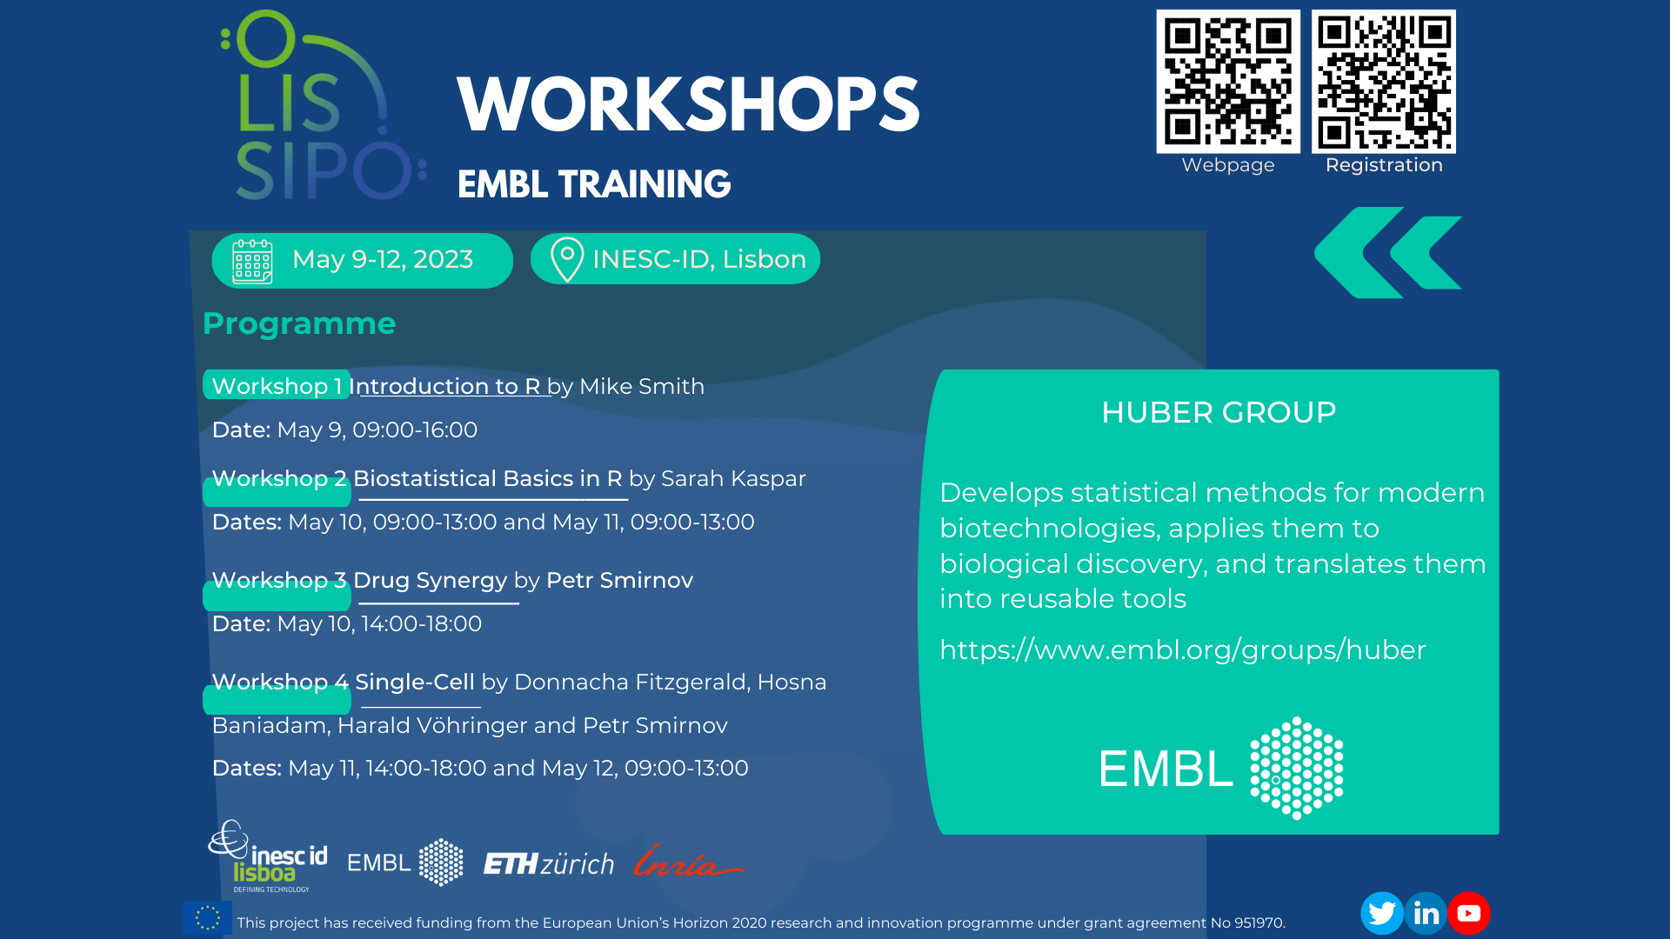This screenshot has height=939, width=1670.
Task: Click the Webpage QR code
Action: pos(1227,82)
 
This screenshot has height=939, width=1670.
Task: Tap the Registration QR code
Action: pos(1384,82)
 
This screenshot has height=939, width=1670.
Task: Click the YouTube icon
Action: pos(1469,913)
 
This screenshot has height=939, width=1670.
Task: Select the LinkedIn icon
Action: pos(1426,913)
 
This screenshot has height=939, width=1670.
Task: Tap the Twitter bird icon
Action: pos(1382,913)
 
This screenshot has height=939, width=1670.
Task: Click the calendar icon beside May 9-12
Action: pos(252,261)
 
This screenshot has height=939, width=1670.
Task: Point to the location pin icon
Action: pos(567,259)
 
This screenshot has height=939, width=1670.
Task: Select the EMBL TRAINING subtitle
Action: pos(594,184)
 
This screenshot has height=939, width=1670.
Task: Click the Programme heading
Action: pos(299,323)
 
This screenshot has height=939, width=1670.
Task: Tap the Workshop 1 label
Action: pos(277,386)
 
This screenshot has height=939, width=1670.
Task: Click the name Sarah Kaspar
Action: pos(733,478)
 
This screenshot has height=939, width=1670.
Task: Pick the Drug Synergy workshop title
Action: pos(430,580)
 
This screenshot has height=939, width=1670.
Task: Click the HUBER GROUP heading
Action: pos(1219,412)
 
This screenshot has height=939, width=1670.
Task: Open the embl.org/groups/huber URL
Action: pos(1183,649)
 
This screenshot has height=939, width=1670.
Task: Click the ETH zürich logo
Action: pos(549,863)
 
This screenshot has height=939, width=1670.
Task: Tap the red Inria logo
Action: pos(687,861)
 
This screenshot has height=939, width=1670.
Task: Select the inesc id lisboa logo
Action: pos(268,856)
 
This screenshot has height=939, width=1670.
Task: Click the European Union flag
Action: pos(208,917)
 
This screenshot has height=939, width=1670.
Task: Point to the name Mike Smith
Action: pos(642,386)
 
